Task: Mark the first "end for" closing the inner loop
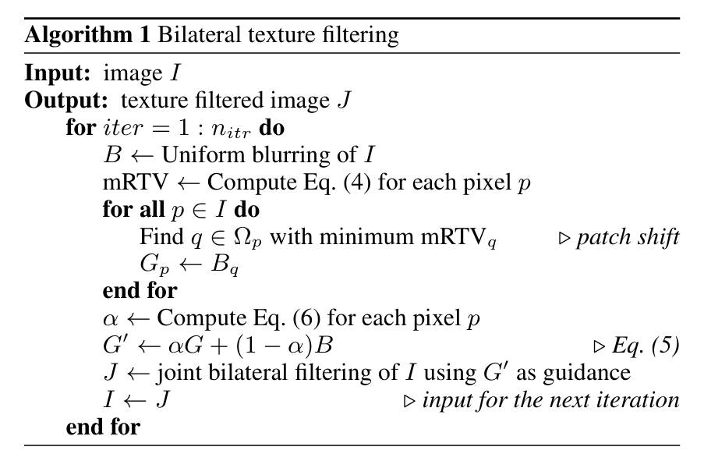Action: (x=140, y=290)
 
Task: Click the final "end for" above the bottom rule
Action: (x=103, y=427)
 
